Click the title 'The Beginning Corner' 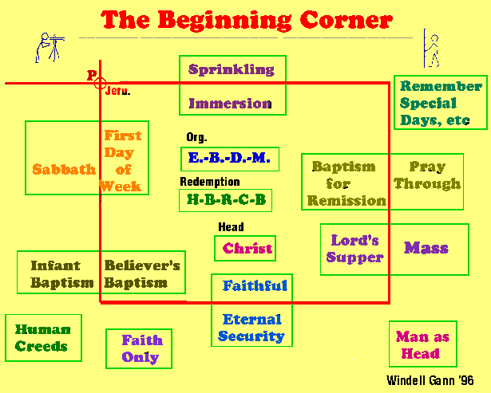coord(247,19)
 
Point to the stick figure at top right coord(432,49)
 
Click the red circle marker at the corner coord(101,82)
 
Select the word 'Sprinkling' coord(232,69)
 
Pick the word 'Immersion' coord(230,103)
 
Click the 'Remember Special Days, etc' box coord(440,103)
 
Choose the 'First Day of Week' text coord(122,161)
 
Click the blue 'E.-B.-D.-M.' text coord(230,158)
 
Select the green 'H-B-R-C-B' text coord(226,199)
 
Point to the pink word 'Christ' coord(247,249)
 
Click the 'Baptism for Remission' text coord(346,183)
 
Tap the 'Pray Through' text coord(427,175)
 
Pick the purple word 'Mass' coord(426,248)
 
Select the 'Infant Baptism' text coord(61,273)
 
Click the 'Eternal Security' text coord(252,328)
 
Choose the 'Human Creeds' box coord(42,337)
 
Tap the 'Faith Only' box coord(140,348)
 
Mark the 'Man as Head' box coord(422,344)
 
